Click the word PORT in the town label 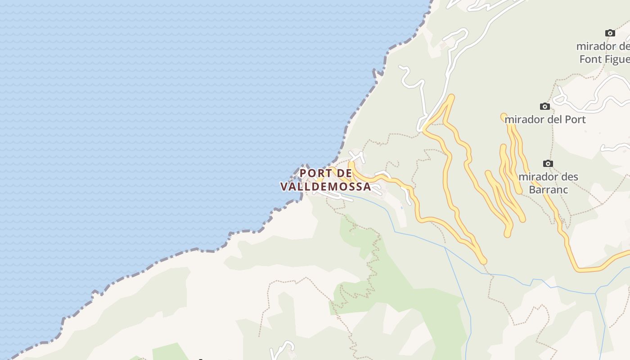(314, 173)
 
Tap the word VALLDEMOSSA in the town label (326, 186)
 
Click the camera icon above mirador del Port (545, 107)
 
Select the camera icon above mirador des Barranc (548, 163)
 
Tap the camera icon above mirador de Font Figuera (610, 33)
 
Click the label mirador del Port (545, 120)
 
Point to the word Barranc (548, 189)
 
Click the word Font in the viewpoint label (589, 59)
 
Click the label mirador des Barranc (548, 183)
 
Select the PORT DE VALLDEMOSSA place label (326, 180)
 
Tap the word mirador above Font (595, 46)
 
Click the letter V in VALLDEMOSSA (284, 186)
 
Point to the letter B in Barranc (532, 189)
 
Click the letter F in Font (582, 59)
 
